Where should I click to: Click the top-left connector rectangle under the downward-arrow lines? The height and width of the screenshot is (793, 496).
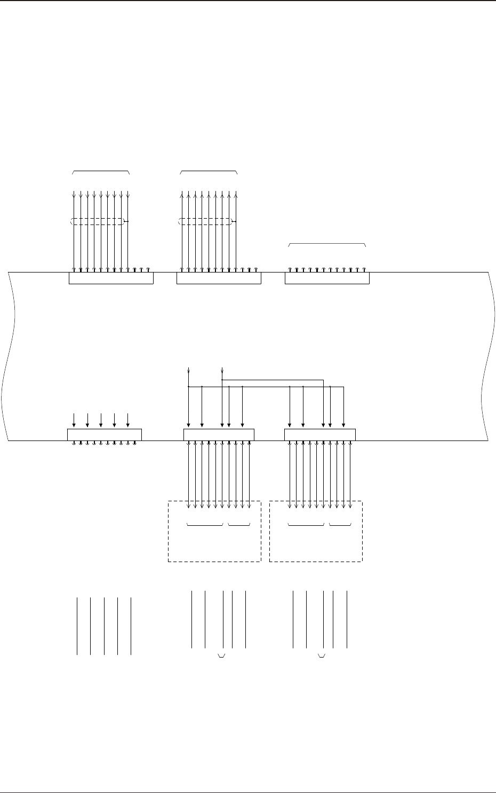111,278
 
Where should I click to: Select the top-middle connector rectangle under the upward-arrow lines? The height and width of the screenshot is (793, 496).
219,278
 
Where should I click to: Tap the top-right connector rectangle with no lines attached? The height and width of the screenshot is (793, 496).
327,278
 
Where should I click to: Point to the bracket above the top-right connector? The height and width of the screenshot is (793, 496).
327,244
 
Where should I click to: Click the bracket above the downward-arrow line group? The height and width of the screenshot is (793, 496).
101,172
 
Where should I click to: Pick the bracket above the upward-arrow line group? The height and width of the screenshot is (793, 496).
209,172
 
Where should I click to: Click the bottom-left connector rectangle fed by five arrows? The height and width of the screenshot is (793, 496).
105,435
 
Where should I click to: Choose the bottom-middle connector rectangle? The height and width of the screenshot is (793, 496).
219,435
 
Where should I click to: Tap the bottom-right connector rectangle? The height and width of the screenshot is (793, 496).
319,435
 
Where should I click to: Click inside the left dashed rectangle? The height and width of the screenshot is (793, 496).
214,544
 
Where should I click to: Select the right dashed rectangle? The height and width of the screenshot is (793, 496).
316,544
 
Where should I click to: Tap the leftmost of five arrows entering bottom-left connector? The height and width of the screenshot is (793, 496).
74,419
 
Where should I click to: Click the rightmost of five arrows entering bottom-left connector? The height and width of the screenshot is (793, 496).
127,419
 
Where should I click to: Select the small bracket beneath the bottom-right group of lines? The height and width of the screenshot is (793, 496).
322,655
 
